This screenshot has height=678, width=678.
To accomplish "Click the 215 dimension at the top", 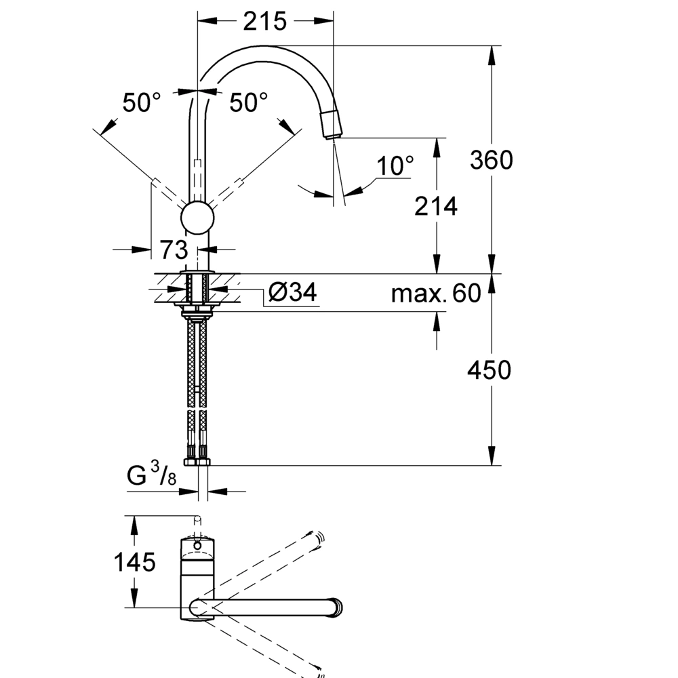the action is click(264, 21).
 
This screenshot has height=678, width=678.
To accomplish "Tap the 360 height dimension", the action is click(491, 160).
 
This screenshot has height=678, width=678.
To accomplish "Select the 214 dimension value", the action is click(436, 206).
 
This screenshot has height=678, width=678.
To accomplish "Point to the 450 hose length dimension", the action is click(489, 370).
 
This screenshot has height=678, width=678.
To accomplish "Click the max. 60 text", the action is click(436, 293).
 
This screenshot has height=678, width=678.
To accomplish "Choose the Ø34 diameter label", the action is click(293, 292).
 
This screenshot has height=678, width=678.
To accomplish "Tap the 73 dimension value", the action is click(174, 250).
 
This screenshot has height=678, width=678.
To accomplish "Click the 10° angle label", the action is click(395, 165).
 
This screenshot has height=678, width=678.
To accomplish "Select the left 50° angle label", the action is click(142, 102).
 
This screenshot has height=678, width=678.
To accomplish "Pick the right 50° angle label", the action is click(248, 102).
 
